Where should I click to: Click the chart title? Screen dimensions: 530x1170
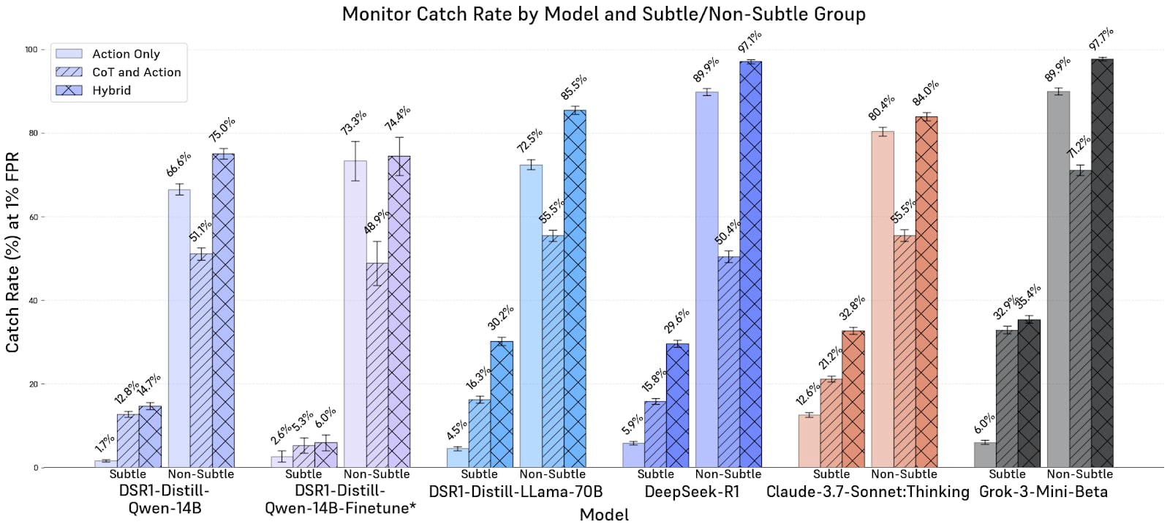coord(603,14)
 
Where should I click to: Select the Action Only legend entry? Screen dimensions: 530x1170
coord(126,54)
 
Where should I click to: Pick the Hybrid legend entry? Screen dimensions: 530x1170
coord(111,91)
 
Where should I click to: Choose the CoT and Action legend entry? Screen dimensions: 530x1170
coord(136,72)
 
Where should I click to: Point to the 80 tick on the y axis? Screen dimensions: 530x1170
coord(31,133)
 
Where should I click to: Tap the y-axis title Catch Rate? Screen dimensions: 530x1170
coord(12,253)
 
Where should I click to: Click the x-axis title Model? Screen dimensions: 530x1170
coord(604,515)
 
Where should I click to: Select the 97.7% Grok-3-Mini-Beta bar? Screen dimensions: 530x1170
coord(1102,264)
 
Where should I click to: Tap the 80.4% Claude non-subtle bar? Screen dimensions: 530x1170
coord(883,300)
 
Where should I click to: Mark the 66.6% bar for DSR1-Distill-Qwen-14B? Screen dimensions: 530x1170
coord(179,329)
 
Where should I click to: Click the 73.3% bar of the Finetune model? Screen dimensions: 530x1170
coord(355,314)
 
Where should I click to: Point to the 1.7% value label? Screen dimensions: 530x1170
coord(105,444)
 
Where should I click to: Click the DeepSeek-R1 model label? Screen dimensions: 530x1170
coord(692,492)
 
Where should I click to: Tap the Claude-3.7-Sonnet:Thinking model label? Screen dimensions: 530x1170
coord(867,492)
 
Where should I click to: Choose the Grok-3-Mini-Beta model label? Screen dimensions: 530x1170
coord(1043,492)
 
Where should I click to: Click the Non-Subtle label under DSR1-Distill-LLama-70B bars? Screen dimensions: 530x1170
coord(553,474)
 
